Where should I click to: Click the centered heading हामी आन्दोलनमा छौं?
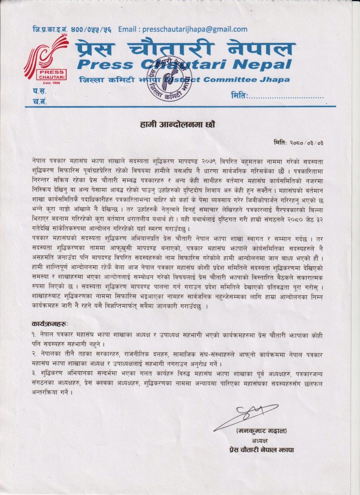pyautogui.click(x=180, y=124)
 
